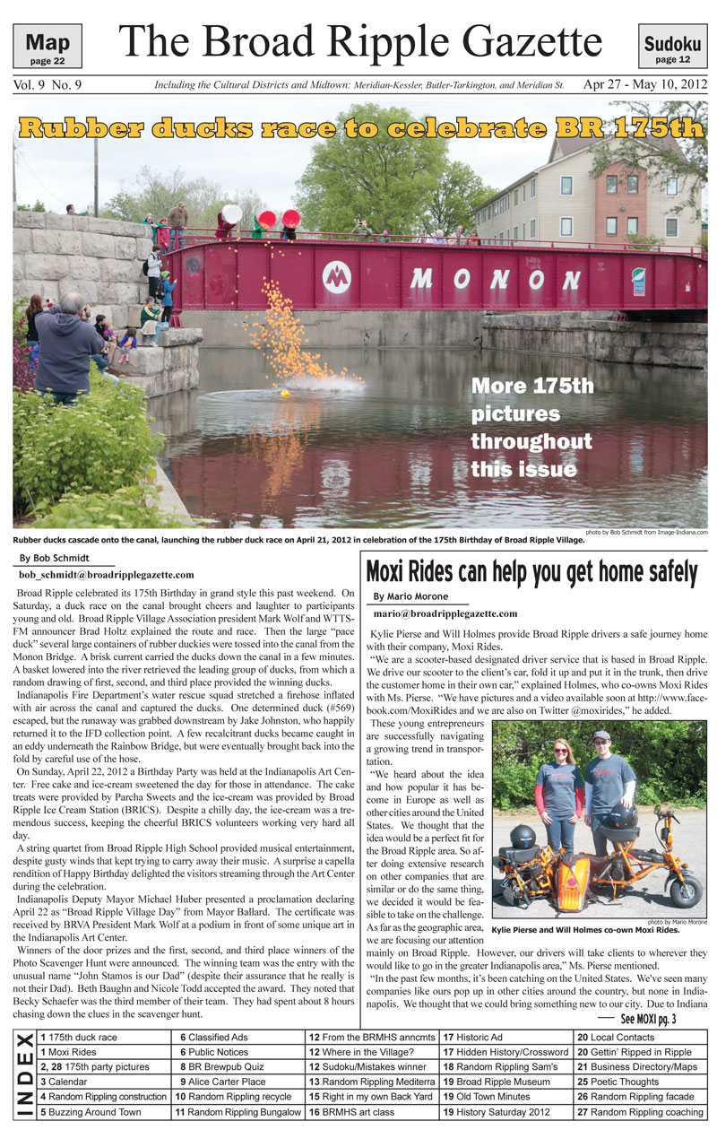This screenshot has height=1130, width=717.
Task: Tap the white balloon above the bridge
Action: (x=231, y=215)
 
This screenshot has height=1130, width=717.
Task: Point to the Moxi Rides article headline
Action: (x=531, y=572)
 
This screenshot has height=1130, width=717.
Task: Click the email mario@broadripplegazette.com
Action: (x=445, y=613)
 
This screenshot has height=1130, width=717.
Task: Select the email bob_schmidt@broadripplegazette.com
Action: (x=106, y=574)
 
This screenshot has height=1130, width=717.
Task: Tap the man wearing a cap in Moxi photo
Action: (x=609, y=789)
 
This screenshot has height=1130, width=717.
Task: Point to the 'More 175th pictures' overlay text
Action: (x=532, y=427)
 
